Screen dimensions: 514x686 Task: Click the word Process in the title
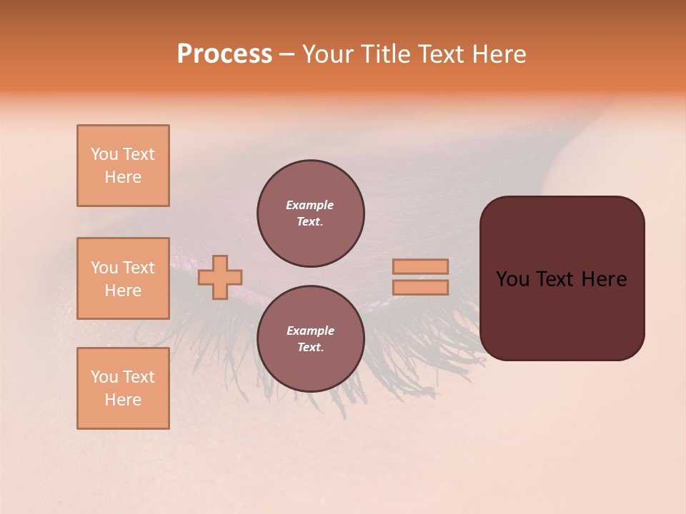tap(224, 54)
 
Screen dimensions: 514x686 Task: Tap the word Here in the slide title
tap(498, 54)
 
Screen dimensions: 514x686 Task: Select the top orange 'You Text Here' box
tap(123, 166)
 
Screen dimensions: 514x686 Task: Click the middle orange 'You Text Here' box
tap(123, 278)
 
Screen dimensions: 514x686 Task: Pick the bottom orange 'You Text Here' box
tap(123, 388)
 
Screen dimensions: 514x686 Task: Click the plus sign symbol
tap(220, 277)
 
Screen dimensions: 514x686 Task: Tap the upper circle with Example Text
tap(310, 213)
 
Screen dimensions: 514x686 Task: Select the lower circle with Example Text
tap(310, 339)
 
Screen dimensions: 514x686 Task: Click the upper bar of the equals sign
tap(420, 266)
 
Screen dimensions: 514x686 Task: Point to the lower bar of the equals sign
tap(420, 288)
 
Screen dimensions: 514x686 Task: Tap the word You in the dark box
tap(512, 279)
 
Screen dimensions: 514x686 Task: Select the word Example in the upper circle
tap(310, 205)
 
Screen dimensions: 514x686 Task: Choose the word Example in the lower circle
tap(310, 331)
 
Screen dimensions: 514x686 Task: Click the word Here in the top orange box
tap(123, 177)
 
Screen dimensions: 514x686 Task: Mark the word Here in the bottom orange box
tap(123, 400)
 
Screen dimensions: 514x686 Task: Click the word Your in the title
tap(328, 54)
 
